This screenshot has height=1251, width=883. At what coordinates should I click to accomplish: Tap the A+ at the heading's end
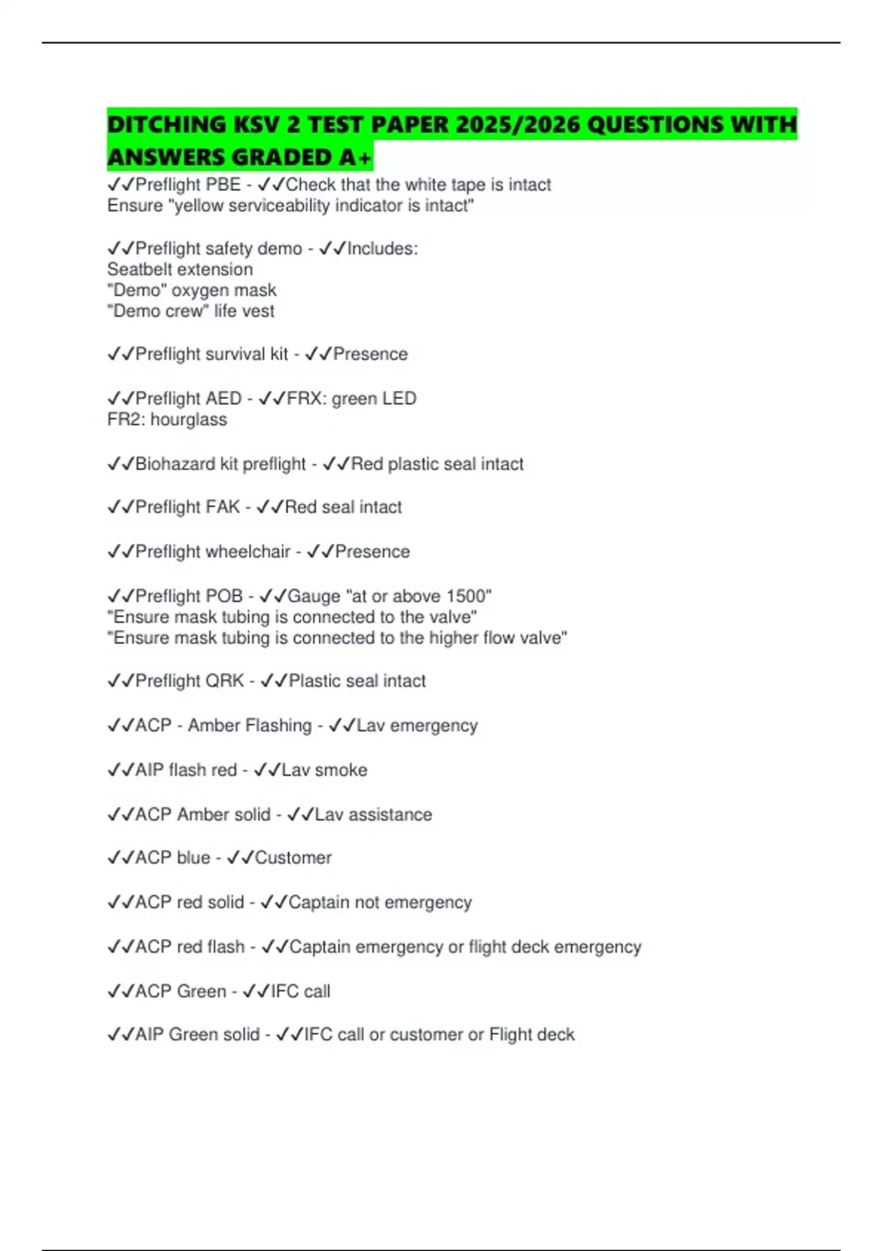(x=355, y=157)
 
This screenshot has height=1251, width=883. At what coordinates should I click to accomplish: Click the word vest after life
(x=258, y=311)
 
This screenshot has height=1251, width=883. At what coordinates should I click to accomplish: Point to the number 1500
(x=466, y=596)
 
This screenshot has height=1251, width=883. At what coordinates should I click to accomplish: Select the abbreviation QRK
(x=224, y=681)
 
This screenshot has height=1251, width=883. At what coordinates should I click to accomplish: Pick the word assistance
(x=390, y=815)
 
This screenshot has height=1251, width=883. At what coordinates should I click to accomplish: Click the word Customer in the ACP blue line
(x=293, y=858)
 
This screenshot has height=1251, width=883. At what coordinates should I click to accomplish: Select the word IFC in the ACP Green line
(x=286, y=992)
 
